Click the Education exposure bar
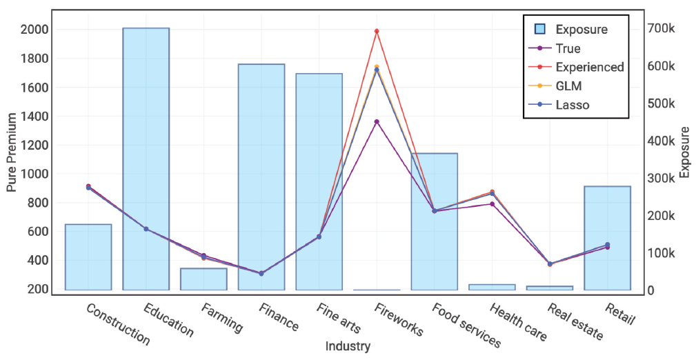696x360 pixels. (x=146, y=159)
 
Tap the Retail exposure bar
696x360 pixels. (x=607, y=238)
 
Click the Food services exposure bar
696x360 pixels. (x=434, y=221)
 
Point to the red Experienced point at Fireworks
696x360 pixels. (x=377, y=31)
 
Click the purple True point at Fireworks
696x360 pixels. (x=377, y=122)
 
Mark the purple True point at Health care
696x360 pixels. (x=492, y=204)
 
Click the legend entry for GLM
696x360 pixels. (x=568, y=86)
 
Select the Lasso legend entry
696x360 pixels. (x=572, y=105)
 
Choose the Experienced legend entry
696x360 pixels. (x=589, y=68)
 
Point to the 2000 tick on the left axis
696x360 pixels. (x=34, y=30)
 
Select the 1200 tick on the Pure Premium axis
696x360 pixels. (x=34, y=145)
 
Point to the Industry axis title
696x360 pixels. (x=348, y=346)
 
